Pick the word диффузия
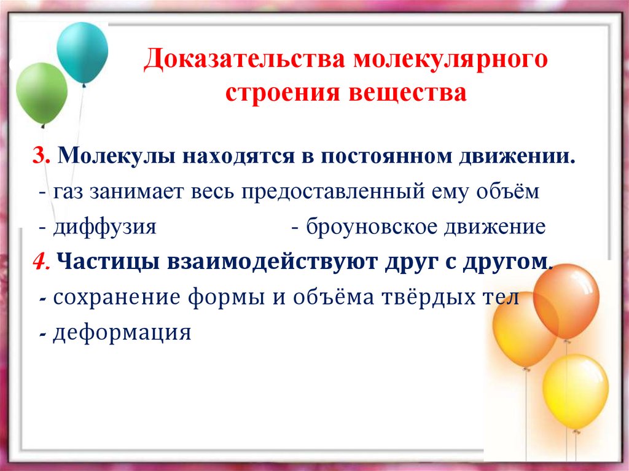(x=104, y=227)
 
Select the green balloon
(x=41, y=94)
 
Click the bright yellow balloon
(x=575, y=391)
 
